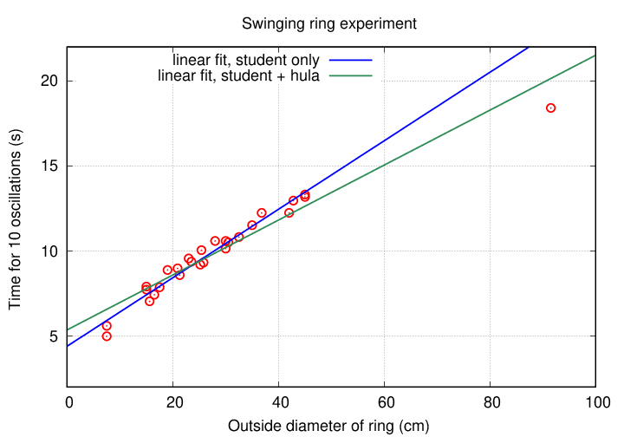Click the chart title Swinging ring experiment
(x=328, y=23)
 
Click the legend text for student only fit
(x=246, y=61)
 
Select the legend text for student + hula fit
(x=239, y=76)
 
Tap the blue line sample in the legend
(x=348, y=61)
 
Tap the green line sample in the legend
(x=348, y=76)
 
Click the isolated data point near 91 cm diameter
(x=550, y=108)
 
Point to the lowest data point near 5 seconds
(x=107, y=336)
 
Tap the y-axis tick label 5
(x=55, y=336)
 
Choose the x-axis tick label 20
(x=173, y=402)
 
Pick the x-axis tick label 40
(x=279, y=402)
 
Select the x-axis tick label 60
(x=385, y=402)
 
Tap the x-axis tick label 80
(x=491, y=402)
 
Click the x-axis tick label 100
(x=595, y=402)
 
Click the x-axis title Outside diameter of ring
(x=328, y=426)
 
